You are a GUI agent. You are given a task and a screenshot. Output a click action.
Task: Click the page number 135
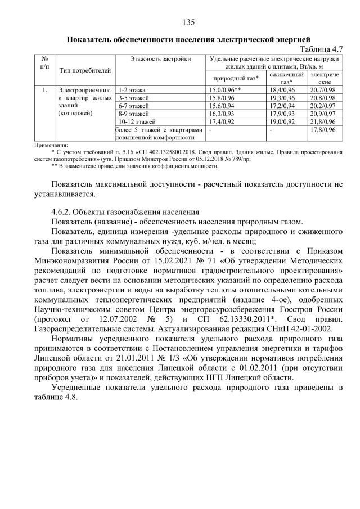(188, 22)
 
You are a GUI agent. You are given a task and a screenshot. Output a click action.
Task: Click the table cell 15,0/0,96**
(226, 89)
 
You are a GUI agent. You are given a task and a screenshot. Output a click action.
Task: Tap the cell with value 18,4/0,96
(282, 89)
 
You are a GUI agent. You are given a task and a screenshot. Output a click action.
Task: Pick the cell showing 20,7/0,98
(323, 89)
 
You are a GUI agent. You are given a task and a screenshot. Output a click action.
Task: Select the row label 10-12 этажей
(136, 121)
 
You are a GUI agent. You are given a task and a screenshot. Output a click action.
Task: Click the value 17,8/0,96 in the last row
(323, 129)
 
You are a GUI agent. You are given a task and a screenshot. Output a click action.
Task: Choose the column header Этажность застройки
(160, 59)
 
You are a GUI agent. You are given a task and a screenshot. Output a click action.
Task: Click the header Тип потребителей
(84, 70)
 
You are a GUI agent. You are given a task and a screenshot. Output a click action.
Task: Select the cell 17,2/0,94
(282, 105)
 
